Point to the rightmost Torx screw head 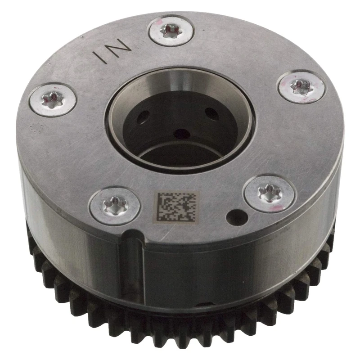coord(301,86)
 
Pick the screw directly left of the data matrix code coord(114,205)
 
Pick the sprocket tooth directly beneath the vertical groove coord(130,333)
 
